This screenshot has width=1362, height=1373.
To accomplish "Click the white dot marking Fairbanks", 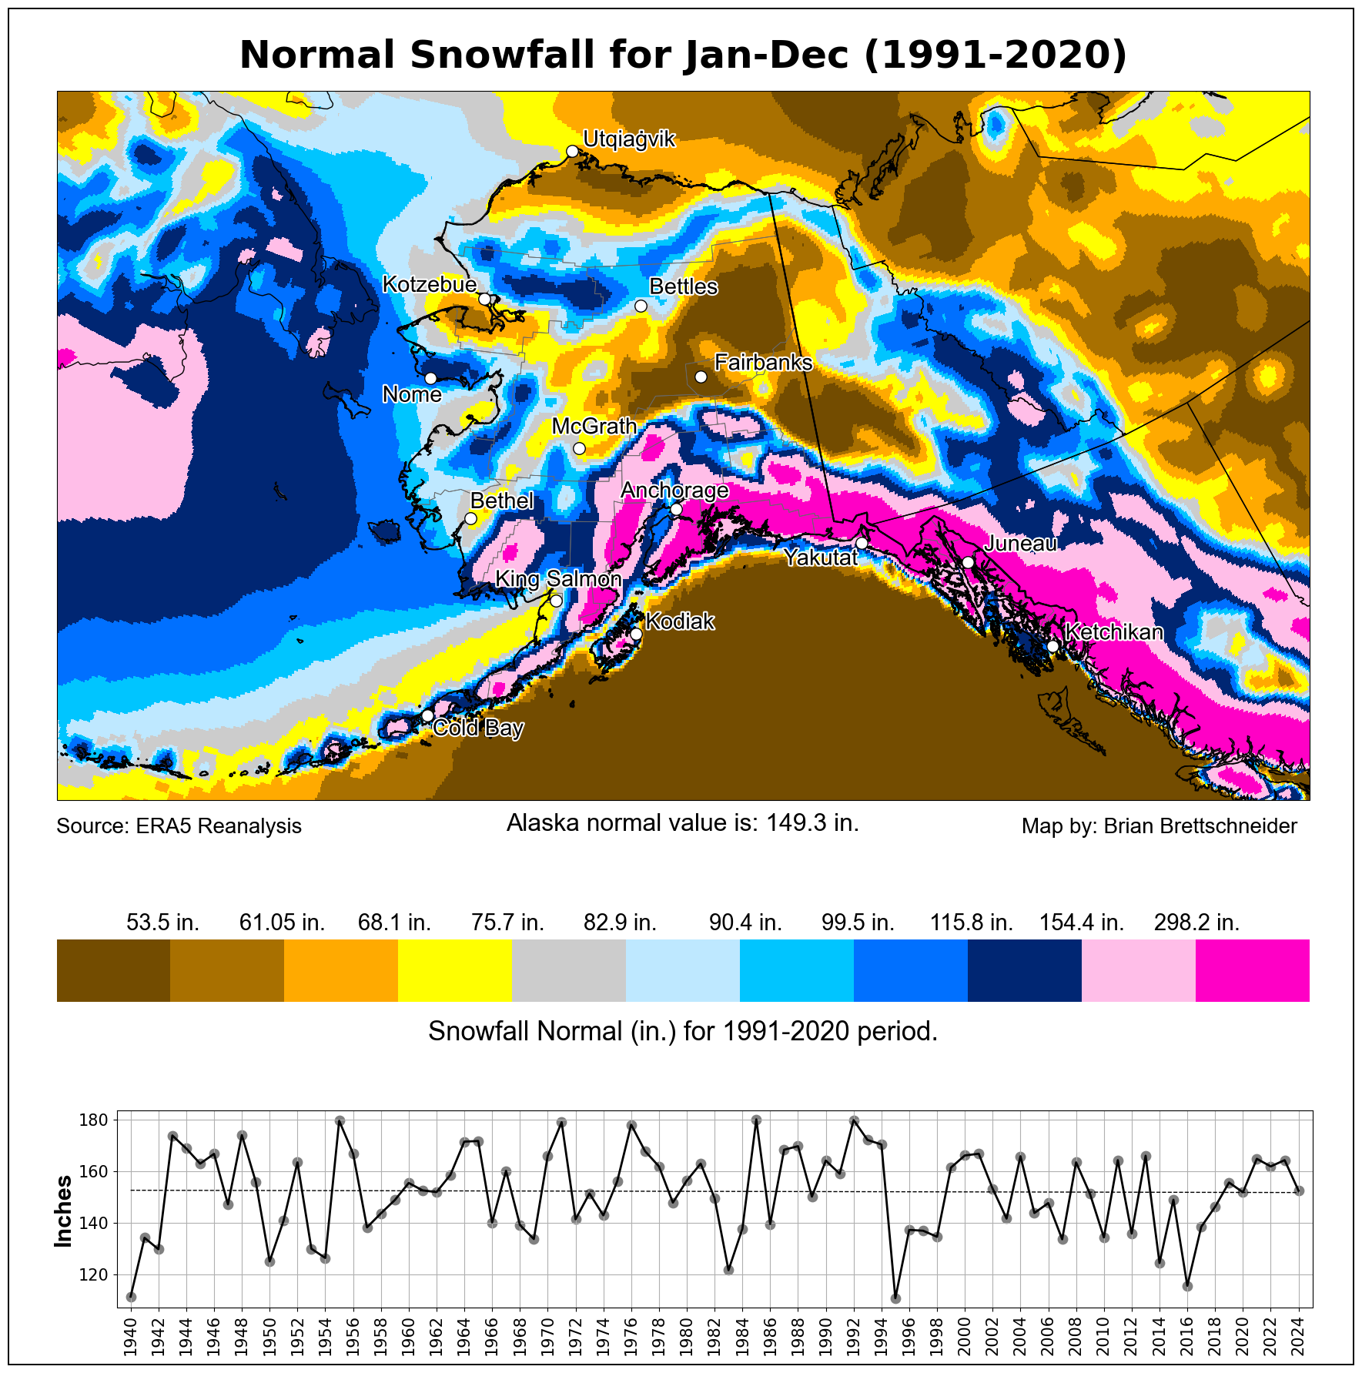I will [701, 377].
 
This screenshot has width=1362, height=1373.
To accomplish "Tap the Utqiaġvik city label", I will [628, 139].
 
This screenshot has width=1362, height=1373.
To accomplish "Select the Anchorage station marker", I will [676, 509].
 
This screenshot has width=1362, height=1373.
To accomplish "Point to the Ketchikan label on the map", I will [1113, 632].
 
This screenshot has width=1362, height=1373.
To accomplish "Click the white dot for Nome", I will [430, 378].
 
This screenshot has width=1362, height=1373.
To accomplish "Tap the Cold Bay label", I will [478, 728].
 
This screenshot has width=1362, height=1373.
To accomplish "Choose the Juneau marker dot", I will [968, 562].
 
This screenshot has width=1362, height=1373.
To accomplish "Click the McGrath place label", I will [594, 426].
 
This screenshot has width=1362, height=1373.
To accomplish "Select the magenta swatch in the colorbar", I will [1252, 970].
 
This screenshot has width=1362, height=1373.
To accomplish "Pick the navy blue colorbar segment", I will [1024, 970].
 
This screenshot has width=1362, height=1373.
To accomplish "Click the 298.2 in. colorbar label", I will [1196, 923].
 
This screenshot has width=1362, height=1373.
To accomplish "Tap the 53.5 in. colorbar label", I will [162, 923].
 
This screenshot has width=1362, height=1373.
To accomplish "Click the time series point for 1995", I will [895, 1298].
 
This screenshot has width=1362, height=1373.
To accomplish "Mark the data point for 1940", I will [131, 1297].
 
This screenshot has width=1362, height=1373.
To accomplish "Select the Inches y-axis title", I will [64, 1211].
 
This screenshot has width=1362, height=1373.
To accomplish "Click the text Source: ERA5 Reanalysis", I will [179, 826].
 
